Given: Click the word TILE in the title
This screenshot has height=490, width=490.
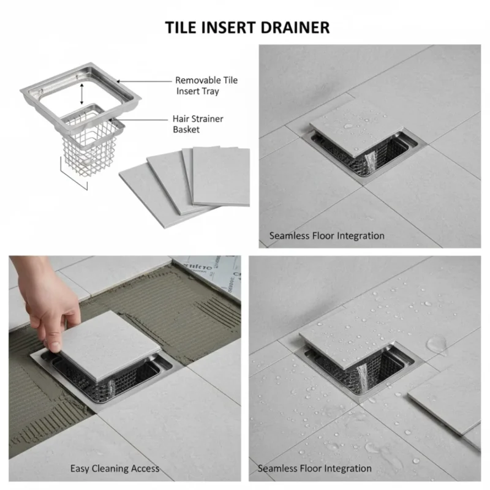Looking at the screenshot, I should click(x=182, y=28).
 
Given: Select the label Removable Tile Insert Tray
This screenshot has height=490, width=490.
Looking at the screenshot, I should click(x=206, y=85).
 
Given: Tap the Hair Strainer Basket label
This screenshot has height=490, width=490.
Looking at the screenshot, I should click(x=198, y=125).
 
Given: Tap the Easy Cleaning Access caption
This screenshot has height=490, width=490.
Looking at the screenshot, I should click(x=114, y=469).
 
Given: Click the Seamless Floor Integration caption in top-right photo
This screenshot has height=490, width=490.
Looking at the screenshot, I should click(x=327, y=235).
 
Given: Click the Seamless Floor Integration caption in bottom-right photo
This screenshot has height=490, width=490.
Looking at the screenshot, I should click(x=314, y=469).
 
